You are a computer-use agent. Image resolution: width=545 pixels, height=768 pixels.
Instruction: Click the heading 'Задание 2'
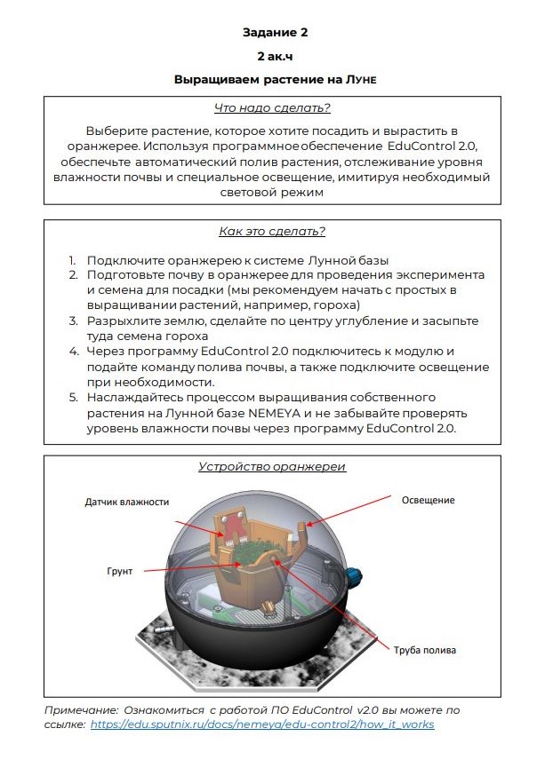pos(274,33)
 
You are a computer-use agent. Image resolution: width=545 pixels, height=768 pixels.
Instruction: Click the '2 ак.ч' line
pos(274,56)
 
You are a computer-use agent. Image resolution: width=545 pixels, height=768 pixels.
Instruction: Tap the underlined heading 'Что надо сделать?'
pos(273,108)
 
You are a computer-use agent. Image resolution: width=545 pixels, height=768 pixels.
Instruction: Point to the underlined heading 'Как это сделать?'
pos(272,232)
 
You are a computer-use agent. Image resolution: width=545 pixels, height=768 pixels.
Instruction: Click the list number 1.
pos(73,260)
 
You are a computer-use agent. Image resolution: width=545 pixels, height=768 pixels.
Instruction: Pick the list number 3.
pos(73,321)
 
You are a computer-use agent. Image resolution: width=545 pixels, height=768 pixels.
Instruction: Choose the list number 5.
pos(73,396)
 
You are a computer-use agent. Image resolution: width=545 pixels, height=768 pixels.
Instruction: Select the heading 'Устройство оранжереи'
pos(272,467)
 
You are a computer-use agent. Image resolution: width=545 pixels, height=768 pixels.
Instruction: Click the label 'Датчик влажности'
pos(127,502)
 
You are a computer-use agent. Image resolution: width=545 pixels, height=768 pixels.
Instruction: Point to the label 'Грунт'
pos(121,571)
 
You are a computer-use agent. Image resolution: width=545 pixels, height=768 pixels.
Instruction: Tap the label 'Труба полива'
pos(424,650)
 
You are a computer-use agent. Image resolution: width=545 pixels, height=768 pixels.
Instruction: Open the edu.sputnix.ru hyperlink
pos(261,724)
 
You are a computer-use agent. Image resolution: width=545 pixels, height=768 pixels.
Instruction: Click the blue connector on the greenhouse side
pos(357,574)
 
